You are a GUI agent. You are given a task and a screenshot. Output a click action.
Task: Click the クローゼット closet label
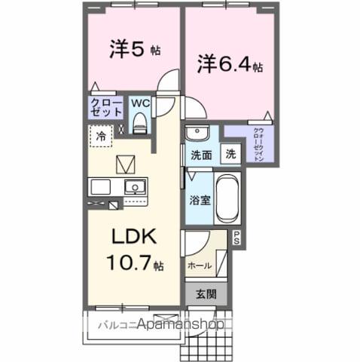click(x=106, y=106)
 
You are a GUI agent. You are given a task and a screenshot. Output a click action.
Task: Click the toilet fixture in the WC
click(x=139, y=124)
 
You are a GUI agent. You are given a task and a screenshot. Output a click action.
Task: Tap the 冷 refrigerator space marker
click(x=100, y=137)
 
